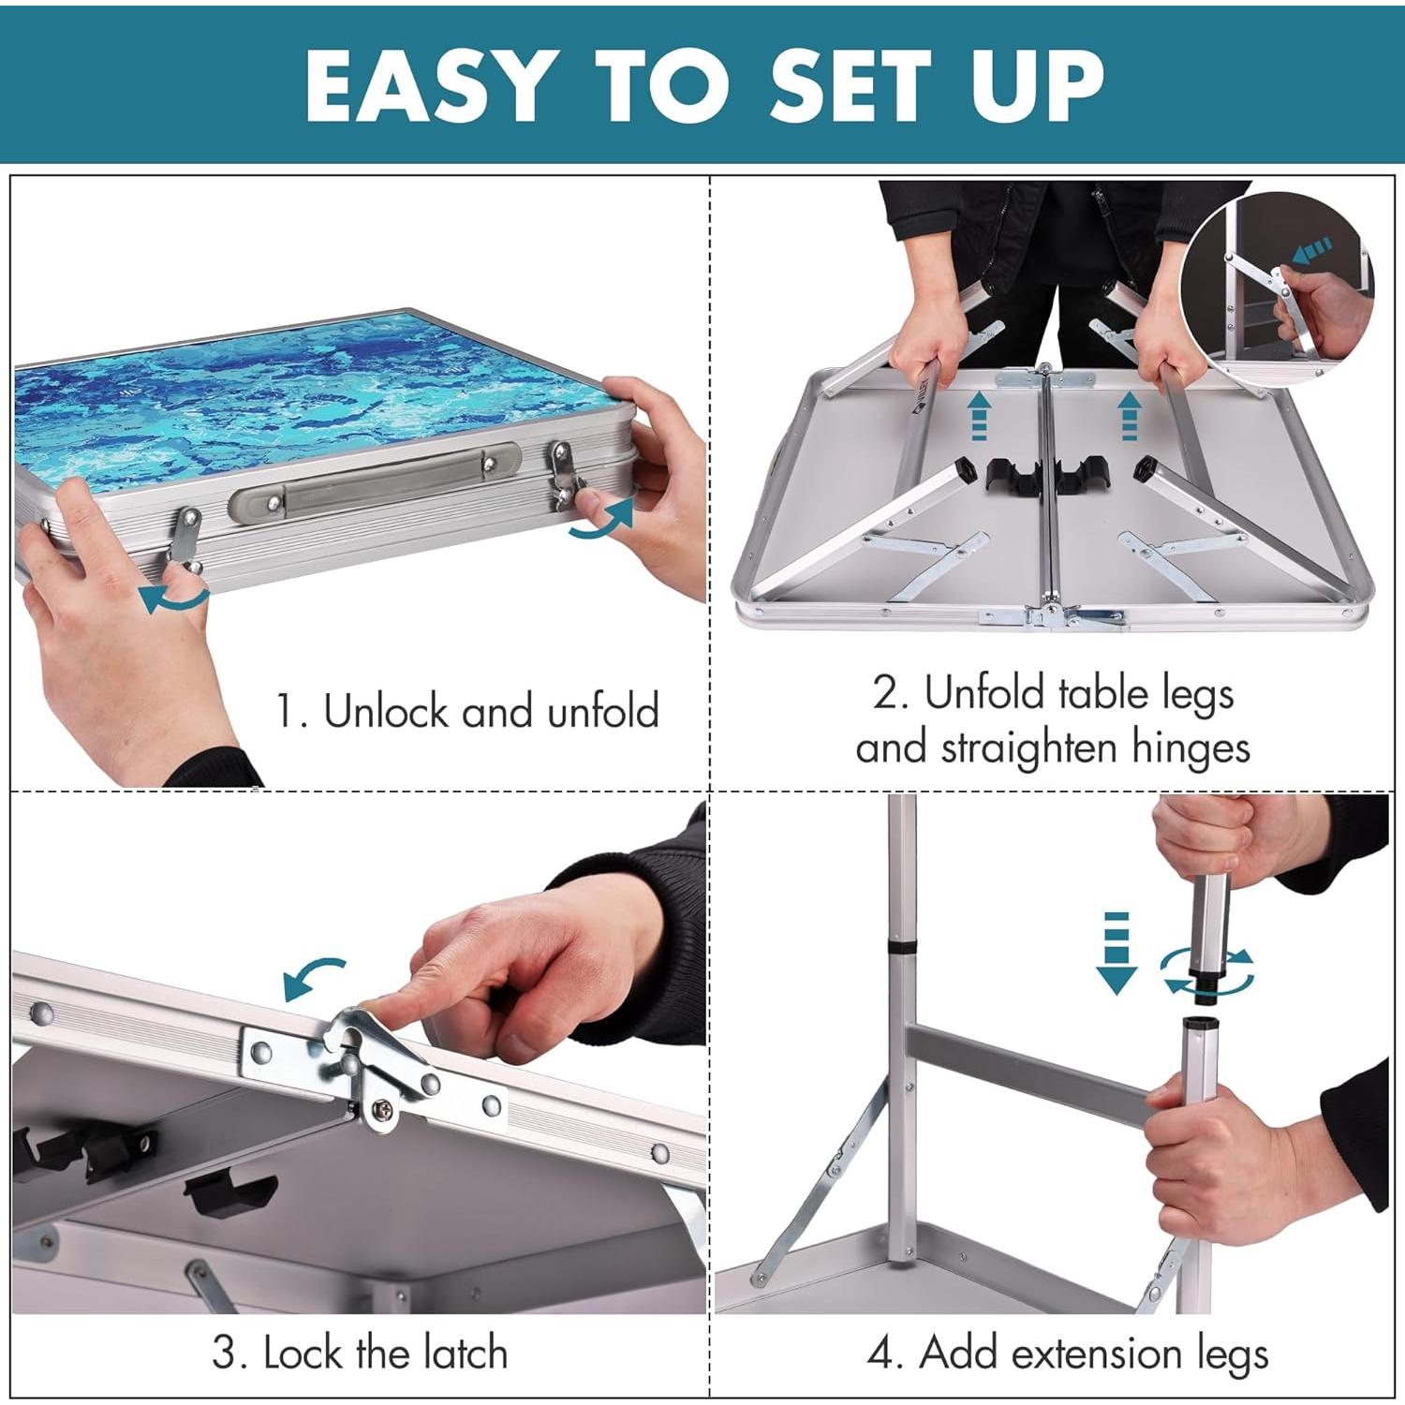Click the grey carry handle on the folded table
coord(375,482)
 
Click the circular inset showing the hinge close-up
coord(1279,286)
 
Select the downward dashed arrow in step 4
coord(1116,951)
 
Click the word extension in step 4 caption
coord(1050,1353)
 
